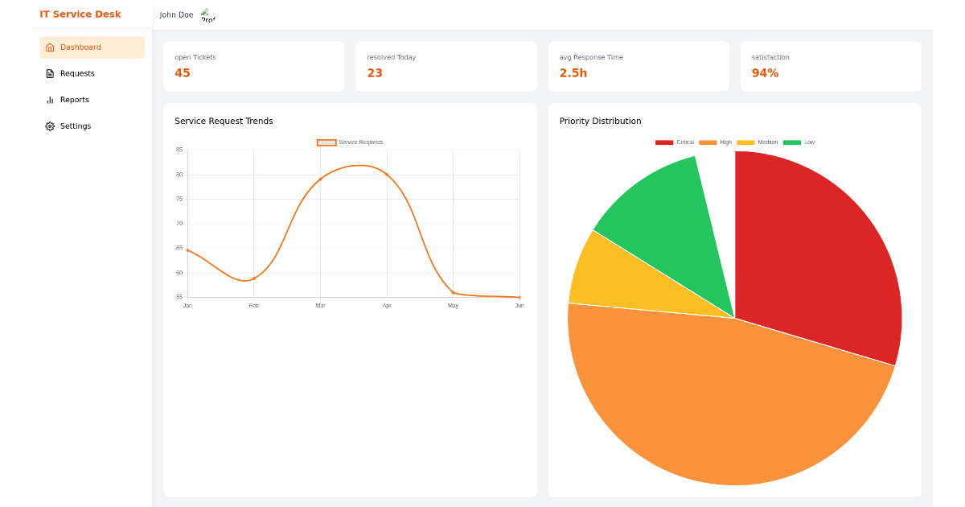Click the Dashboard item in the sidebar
80,47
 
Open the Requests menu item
77,73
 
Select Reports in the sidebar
74,100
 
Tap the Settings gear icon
50,126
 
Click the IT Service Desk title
80,14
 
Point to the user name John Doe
176,14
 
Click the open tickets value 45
183,73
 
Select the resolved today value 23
375,73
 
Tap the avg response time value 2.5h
573,73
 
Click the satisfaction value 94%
765,73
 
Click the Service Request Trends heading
224,122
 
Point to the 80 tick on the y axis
179,175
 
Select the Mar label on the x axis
320,306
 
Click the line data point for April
387,175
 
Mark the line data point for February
254,278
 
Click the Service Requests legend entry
351,142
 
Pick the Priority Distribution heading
600,122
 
